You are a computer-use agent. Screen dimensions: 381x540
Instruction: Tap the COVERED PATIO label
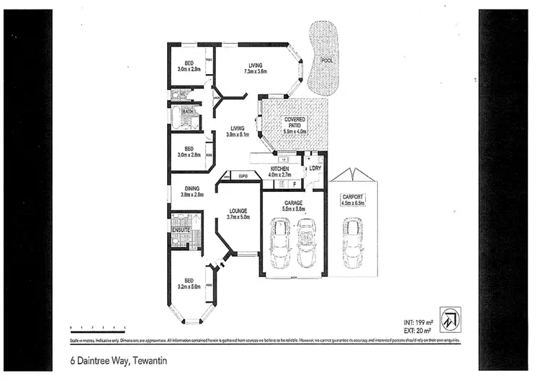pyautogui.click(x=295, y=123)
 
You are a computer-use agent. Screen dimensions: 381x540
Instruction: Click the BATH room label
pyautogui.click(x=188, y=112)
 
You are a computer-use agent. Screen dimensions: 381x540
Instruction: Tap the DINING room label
pyautogui.click(x=192, y=191)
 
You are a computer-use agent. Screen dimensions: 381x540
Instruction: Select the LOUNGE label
pyautogui.click(x=238, y=214)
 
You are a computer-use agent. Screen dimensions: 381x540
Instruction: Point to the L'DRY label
pyautogui.click(x=315, y=169)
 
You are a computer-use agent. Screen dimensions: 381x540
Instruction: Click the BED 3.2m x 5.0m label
pyautogui.click(x=188, y=283)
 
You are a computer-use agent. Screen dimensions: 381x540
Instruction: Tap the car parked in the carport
pyautogui.click(x=354, y=241)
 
